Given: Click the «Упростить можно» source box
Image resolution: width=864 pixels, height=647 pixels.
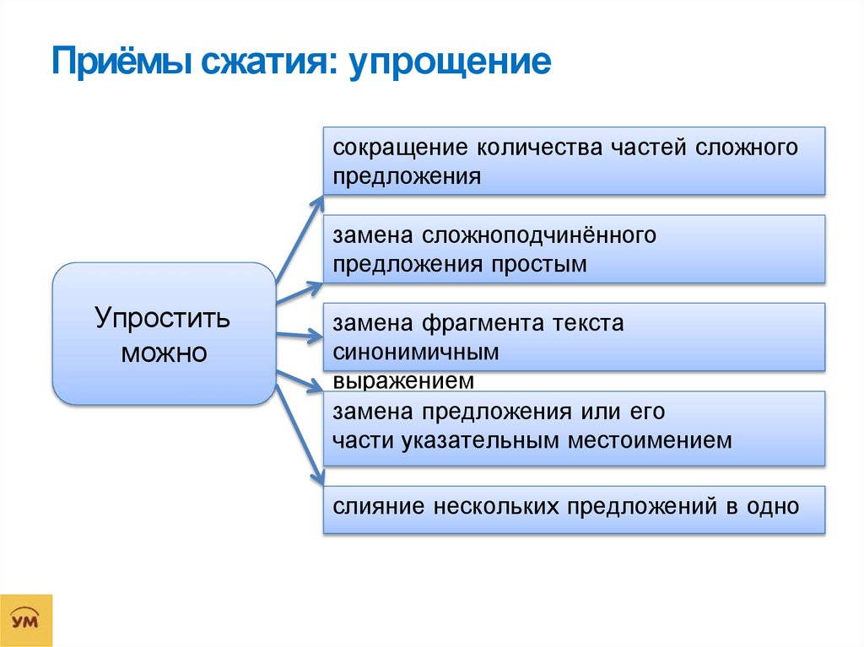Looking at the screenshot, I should click(x=164, y=334).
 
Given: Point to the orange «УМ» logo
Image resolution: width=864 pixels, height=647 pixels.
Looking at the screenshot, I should click(x=26, y=621).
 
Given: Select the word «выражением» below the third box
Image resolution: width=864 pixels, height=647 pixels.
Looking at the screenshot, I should click(x=404, y=380).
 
